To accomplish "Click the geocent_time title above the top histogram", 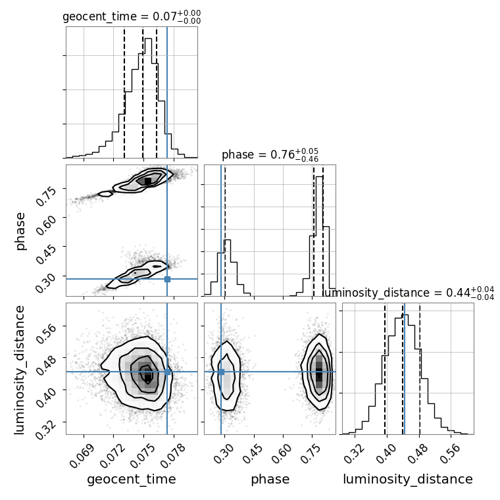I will [132, 18].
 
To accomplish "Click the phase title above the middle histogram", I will [270, 155].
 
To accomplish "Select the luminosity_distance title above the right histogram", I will [408, 293].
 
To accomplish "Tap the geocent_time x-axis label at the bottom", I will [132, 480].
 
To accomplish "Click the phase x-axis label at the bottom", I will [270, 480].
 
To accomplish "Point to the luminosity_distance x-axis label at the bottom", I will [408, 480].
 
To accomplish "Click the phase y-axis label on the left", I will [21, 230].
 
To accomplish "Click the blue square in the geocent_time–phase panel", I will [167, 279].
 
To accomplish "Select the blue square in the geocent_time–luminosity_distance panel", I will [167, 372].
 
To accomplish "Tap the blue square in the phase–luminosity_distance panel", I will [221, 372].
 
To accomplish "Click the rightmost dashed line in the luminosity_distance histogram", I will [420, 368].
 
